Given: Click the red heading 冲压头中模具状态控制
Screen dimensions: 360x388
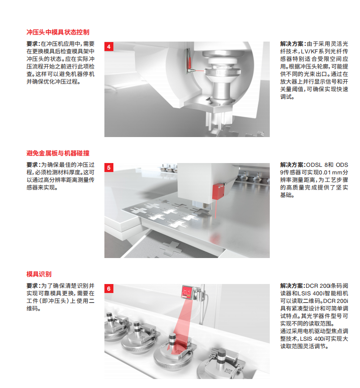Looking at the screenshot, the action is coord(58,32).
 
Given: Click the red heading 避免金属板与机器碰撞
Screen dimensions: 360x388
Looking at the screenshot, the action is coord(58,153).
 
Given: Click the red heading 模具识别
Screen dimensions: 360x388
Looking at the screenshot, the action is coord(39,274).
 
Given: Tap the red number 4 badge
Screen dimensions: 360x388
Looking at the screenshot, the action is coord(109,46).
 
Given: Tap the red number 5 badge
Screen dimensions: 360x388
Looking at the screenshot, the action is coord(109,167).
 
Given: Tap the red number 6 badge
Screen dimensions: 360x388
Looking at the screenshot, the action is coord(109,289).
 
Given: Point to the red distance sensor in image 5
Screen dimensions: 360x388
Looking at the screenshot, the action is coord(219,191).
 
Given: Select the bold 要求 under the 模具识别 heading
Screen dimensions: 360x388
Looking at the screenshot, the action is coord(33,286).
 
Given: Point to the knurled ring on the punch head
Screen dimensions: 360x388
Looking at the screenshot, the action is coord(223,72).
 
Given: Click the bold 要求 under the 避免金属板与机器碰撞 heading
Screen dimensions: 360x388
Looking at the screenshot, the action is coord(33,165).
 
